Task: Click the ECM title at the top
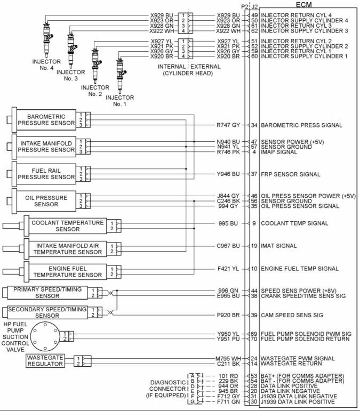point(303,4)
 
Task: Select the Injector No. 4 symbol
point(47,39)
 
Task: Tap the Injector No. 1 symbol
point(121,76)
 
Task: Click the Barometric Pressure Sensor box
point(46,120)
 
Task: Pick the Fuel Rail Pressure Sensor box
point(46,174)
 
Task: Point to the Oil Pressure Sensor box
point(46,201)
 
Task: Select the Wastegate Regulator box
point(45,361)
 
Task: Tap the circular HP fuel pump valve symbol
point(45,337)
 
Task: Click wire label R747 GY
point(228,125)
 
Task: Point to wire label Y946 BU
point(228,174)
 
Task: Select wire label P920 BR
point(228,315)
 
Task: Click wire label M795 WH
point(228,358)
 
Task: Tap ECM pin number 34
point(254,125)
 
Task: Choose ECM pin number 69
point(254,334)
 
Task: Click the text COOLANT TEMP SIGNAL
point(294,223)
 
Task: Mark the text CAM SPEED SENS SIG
point(292,315)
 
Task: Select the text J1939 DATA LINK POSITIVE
point(298,401)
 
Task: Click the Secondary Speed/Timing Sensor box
point(47,312)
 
